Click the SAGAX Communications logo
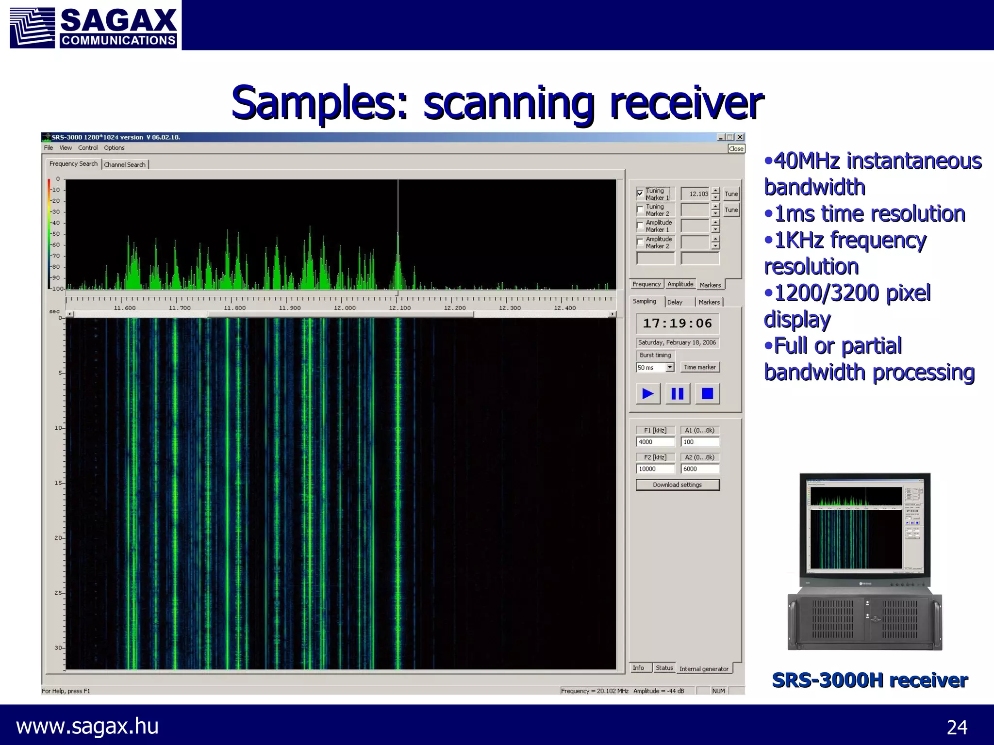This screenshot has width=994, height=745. pyautogui.click(x=94, y=25)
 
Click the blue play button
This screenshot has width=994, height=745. pyautogui.click(x=648, y=393)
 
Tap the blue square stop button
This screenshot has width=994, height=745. pyautogui.click(x=707, y=393)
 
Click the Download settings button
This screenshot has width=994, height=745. pyautogui.click(x=677, y=485)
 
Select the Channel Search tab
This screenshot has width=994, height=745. pyautogui.click(x=125, y=165)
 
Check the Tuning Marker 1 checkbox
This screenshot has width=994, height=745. pyautogui.click(x=640, y=194)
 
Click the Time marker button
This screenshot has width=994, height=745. pyautogui.click(x=699, y=367)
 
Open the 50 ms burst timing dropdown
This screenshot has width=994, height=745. pyautogui.click(x=670, y=367)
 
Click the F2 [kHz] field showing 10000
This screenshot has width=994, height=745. pyautogui.click(x=655, y=469)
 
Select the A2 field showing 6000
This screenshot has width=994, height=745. pyautogui.click(x=699, y=469)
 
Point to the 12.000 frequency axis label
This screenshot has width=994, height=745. pyautogui.click(x=345, y=308)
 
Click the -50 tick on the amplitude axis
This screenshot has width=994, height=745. pyautogui.click(x=56, y=234)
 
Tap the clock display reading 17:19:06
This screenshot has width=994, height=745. pyautogui.click(x=677, y=324)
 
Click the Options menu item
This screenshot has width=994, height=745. pyautogui.click(x=114, y=148)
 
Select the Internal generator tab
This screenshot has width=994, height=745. pyautogui.click(x=703, y=669)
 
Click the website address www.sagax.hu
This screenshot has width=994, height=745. pyautogui.click(x=87, y=726)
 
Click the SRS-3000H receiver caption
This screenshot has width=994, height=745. pyautogui.click(x=869, y=680)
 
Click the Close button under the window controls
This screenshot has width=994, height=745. pyautogui.click(x=736, y=149)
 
